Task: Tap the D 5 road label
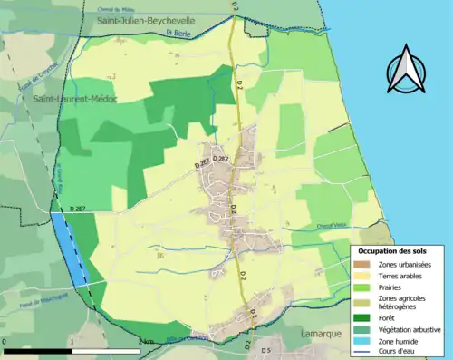pyautogui.click(x=266, y=350)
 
